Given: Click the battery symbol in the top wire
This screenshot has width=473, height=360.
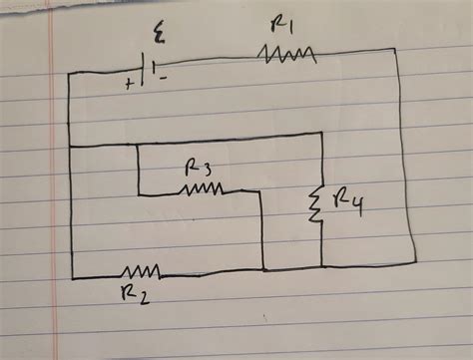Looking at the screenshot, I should [149, 73].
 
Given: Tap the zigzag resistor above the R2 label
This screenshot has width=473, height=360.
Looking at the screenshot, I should [140, 270].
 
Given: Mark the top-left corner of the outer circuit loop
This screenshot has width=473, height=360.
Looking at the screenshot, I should [68, 74].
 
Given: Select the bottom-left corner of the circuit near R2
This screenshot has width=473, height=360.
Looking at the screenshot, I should [71, 278].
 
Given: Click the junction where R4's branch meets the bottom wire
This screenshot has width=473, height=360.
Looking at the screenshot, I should [321, 268].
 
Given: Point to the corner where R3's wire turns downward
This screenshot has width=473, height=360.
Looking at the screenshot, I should [260, 190].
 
